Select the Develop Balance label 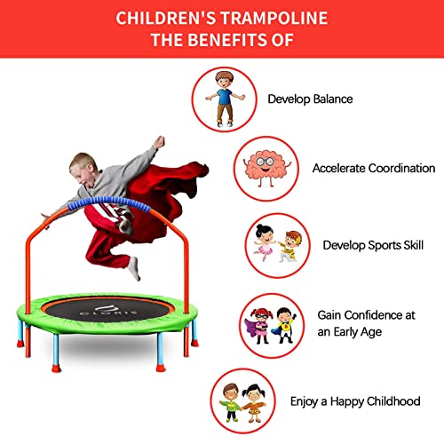pyautogui.click(x=310, y=99)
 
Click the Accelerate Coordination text pyautogui.click(x=373, y=168)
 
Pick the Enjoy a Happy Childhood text pyautogui.click(x=355, y=401)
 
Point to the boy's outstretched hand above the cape pyautogui.click(x=159, y=141)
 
